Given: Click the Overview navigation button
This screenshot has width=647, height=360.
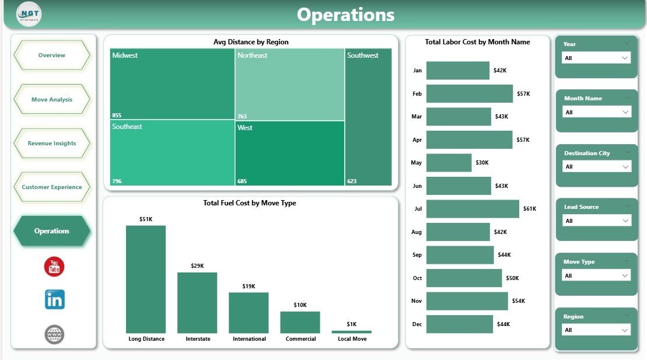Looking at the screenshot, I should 51,55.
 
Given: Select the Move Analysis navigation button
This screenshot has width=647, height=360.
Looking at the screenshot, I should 51,99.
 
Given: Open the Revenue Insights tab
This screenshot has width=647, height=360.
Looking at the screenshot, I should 51,143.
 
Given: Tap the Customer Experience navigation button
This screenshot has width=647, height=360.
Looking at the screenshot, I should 51,187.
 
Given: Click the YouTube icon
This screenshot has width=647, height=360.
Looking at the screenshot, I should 54,267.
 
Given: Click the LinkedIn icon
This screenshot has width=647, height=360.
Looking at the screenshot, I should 55,300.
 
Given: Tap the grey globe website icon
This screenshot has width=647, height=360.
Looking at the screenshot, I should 54,334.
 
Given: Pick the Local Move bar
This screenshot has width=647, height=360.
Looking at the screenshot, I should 351,331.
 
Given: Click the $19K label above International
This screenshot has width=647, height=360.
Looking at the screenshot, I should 249,286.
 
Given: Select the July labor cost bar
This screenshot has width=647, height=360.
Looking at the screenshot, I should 473,209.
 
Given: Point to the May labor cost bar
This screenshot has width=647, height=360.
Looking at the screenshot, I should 449,163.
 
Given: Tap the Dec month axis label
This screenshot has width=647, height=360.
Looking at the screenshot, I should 417,324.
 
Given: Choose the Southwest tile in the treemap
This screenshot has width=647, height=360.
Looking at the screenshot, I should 368,117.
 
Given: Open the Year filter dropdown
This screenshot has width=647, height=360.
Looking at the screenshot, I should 596,58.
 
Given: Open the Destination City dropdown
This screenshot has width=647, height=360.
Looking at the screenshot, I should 596,167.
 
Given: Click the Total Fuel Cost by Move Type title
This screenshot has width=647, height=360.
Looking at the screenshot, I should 249,203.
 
